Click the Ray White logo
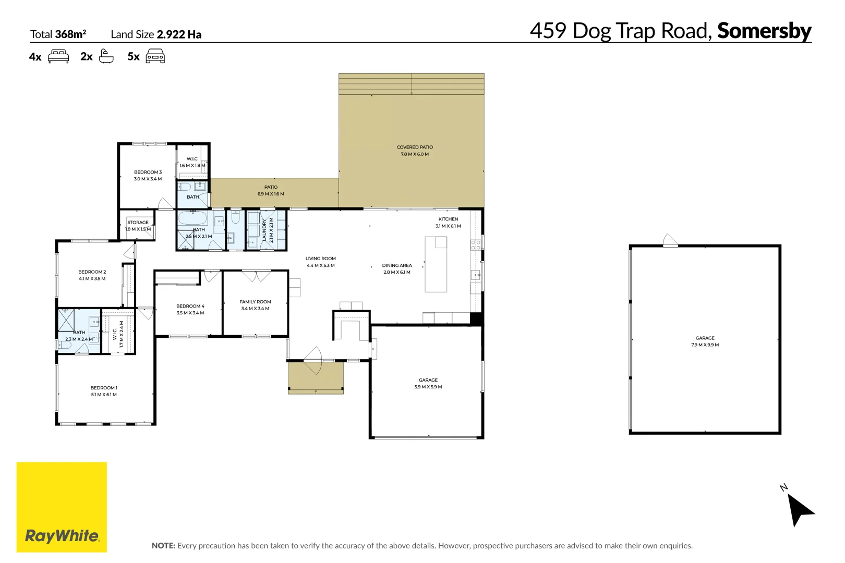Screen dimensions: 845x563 [x=62, y=507]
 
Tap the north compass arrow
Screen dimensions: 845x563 [x=800, y=510]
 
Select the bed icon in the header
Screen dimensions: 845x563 [x=58, y=56]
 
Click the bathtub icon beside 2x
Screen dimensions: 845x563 [x=106, y=56]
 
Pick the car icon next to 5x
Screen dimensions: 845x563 [x=155, y=56]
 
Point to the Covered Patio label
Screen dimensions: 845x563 [x=415, y=151]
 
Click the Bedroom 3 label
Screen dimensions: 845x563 [x=148, y=175]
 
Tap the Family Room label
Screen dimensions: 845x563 [x=256, y=305]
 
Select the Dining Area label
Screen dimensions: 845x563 [x=397, y=268]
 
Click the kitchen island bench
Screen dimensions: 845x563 [x=436, y=264]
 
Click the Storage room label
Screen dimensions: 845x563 [x=138, y=226]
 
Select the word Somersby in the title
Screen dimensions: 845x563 [x=764, y=31]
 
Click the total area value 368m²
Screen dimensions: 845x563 [x=70, y=34]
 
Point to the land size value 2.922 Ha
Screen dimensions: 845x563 [x=179, y=34]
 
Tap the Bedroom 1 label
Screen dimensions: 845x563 [x=104, y=391]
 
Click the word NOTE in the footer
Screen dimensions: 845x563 [x=163, y=546]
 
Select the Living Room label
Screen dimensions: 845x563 [x=321, y=262]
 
